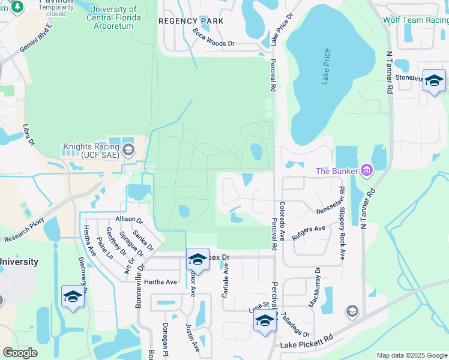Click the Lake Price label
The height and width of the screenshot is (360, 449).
click(x=325, y=66)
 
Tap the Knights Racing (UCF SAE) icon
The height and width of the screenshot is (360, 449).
click(x=128, y=151)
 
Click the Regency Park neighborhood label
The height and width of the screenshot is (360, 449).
click(x=191, y=21)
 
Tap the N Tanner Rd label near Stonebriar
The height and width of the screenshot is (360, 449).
click(x=390, y=73)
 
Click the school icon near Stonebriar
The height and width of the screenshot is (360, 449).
click(x=433, y=80)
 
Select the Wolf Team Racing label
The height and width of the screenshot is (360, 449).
click(x=415, y=20)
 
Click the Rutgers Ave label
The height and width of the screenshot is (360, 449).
click(x=309, y=233)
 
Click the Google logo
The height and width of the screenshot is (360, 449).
click(x=20, y=353)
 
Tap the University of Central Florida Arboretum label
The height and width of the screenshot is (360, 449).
click(x=115, y=13)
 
